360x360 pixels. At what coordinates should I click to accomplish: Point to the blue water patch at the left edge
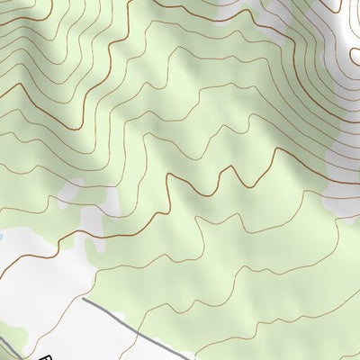coord(2,238)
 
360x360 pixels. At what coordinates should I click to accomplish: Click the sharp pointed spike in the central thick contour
coord(240,167)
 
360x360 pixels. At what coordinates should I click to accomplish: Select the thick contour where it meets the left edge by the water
coord(3,259)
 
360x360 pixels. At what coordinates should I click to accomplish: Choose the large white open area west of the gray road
coord(45,288)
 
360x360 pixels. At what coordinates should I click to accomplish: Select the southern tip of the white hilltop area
coord(337,211)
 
